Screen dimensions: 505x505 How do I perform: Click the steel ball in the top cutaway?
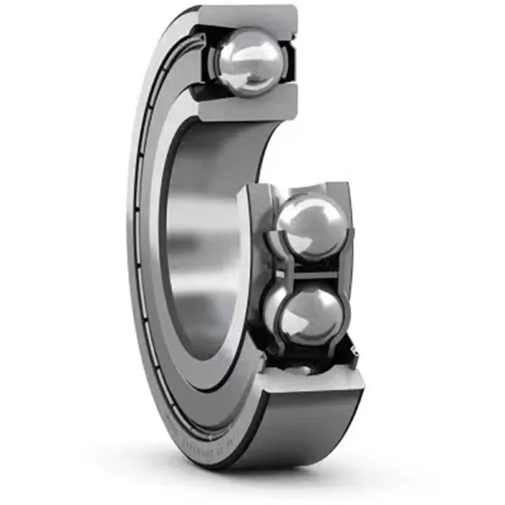(247, 61)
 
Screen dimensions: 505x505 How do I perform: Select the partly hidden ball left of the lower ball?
(271, 306)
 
